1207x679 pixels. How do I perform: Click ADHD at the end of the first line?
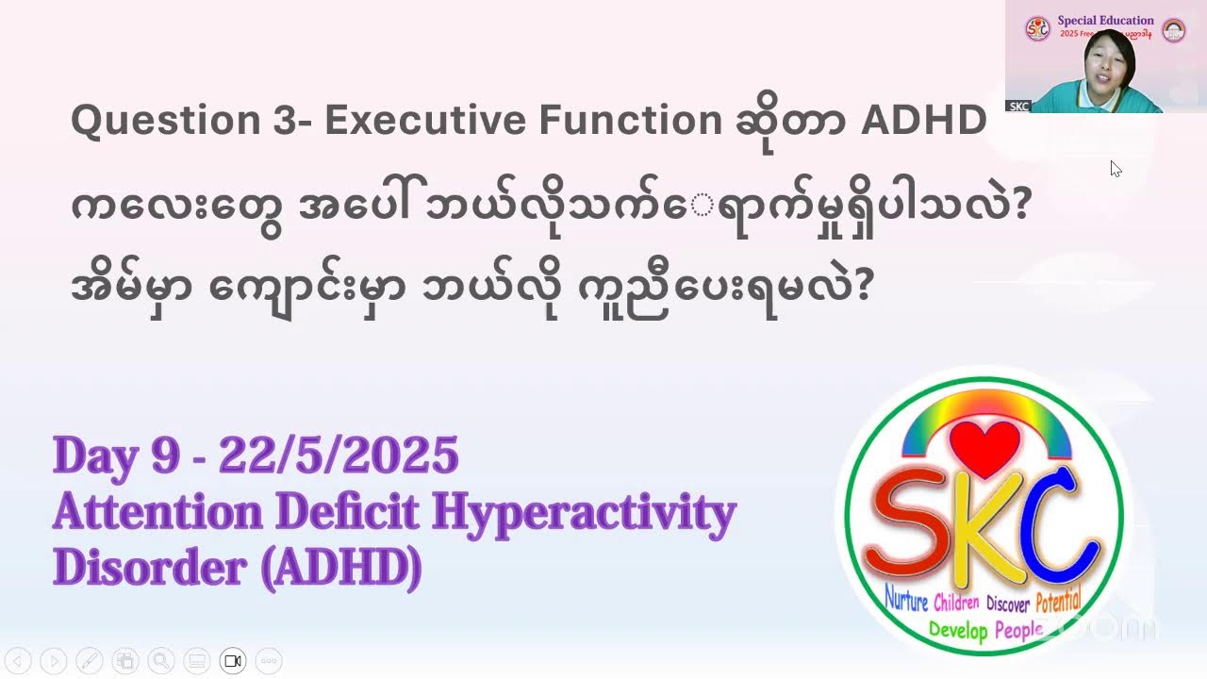coord(924,121)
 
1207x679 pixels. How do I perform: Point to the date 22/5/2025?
coord(339,456)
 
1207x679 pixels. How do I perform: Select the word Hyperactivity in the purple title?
coord(584,512)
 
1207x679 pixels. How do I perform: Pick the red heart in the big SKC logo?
coord(984,449)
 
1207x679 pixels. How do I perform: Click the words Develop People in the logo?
coord(985,629)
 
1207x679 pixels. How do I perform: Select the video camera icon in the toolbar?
coord(233,661)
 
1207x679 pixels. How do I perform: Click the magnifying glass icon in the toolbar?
coord(161,661)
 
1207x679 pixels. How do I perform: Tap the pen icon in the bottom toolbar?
coord(89,661)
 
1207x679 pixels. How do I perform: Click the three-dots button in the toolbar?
coord(269,661)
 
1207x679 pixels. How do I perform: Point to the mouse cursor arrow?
coord(1115,168)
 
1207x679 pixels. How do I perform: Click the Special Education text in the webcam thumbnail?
coord(1105,20)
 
